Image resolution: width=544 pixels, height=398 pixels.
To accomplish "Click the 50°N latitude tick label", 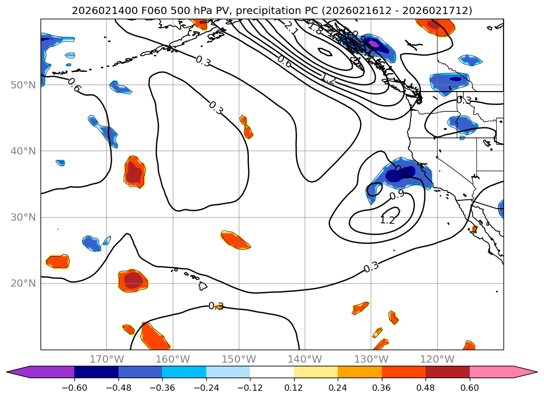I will (x=23, y=85).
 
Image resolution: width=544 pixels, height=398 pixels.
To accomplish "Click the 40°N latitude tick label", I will (x=23, y=151).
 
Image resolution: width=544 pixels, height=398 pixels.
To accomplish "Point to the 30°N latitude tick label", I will (x=23, y=217).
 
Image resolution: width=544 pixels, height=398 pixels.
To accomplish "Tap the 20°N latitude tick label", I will (x=23, y=284).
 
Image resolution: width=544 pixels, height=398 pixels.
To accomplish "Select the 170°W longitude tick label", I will (x=107, y=359).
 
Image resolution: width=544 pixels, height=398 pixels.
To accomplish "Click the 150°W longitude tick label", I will (x=239, y=359).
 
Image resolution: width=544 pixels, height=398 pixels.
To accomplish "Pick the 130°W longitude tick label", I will (x=371, y=359).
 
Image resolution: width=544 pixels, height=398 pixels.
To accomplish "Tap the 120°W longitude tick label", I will (x=437, y=359).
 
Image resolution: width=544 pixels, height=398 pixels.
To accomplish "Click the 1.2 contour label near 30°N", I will (x=387, y=220).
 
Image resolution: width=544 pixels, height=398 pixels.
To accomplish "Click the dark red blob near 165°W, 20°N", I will (x=134, y=280).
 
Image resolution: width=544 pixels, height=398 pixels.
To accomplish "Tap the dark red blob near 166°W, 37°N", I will (x=135, y=172).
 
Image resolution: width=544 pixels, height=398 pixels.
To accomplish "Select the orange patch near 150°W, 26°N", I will (x=236, y=240).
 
